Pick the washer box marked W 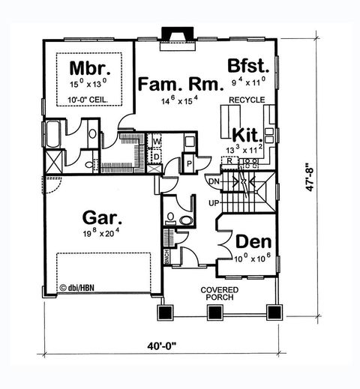[157, 141]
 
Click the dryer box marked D [157, 155]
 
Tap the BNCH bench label [166, 256]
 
